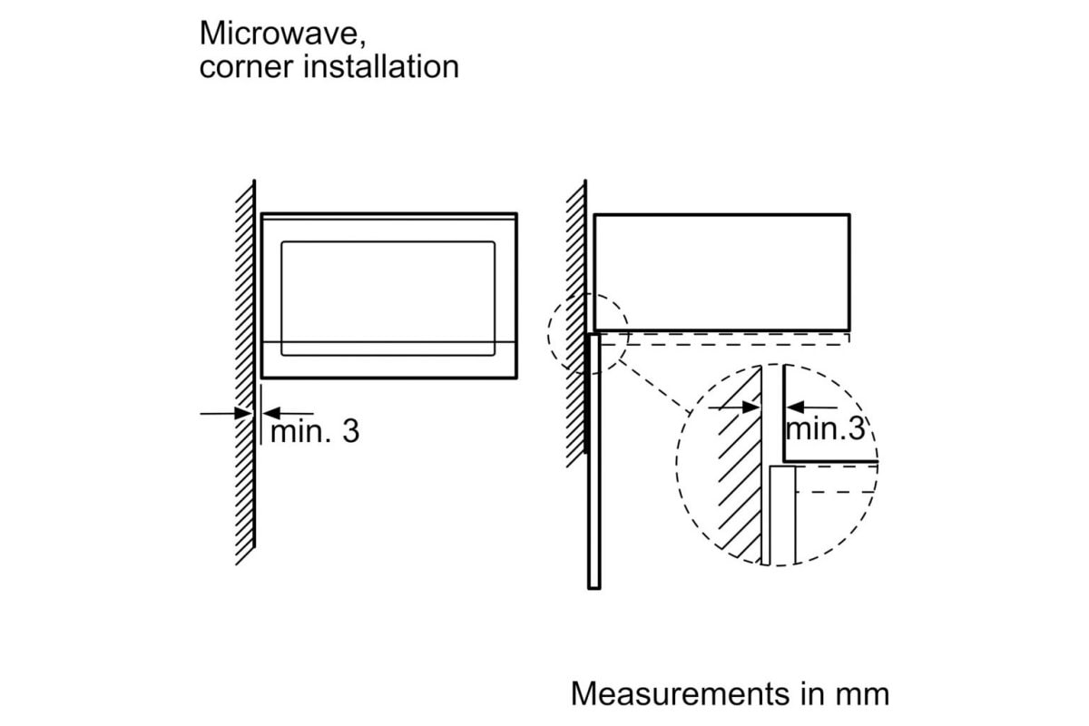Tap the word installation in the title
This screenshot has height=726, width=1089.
381,66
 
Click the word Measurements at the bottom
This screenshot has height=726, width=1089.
681,693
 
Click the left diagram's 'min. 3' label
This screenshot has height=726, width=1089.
315,431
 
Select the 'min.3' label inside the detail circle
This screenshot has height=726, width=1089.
826,429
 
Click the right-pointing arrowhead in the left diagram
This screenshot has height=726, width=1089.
243,414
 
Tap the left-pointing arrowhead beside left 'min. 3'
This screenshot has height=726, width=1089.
271,413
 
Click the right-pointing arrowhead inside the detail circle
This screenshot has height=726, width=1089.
751,407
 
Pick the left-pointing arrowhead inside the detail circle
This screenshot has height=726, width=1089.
795,407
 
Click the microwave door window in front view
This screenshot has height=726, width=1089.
388,299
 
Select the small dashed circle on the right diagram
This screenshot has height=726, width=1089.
548,335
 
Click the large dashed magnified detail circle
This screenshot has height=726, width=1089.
676,465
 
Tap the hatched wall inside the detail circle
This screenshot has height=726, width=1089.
740,462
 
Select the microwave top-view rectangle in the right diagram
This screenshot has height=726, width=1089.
722,214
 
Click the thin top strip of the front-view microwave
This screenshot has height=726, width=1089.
389,216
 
